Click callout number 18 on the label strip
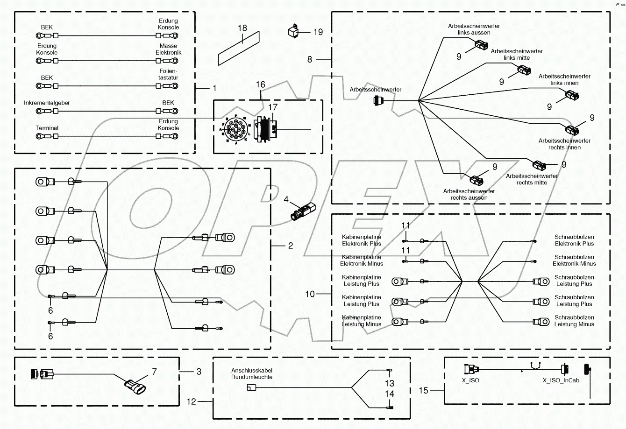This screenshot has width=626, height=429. (242, 28)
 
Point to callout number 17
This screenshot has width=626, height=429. (273, 107)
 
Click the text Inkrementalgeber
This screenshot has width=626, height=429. (47, 103)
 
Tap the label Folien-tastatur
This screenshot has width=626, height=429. (168, 75)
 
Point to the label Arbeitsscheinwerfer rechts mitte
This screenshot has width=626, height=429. (532, 179)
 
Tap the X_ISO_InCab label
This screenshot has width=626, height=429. (561, 380)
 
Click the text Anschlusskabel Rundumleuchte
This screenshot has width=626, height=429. (252, 373)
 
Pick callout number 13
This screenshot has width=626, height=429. (390, 383)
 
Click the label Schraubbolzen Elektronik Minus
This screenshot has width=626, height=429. (574, 260)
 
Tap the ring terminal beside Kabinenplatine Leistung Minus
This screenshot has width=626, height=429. (398, 322)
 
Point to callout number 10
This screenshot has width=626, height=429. (310, 294)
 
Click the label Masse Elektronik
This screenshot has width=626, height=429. (168, 49)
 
